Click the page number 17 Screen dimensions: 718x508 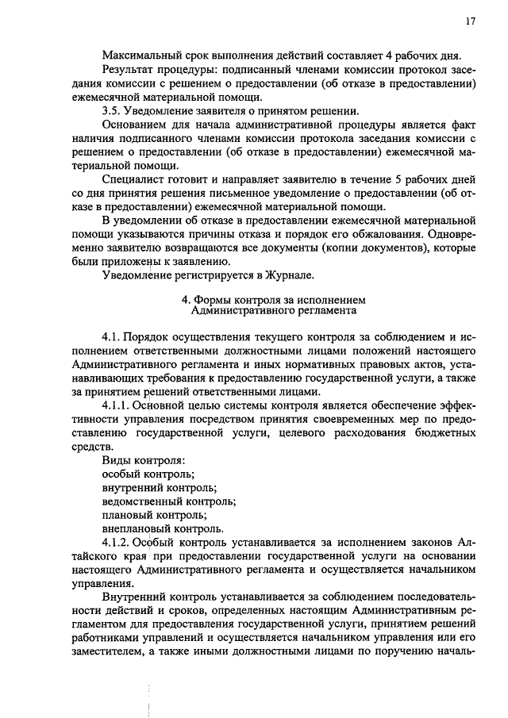point(470,22)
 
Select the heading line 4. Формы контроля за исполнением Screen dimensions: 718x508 point(274,301)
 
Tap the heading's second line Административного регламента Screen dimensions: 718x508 point(274,313)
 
